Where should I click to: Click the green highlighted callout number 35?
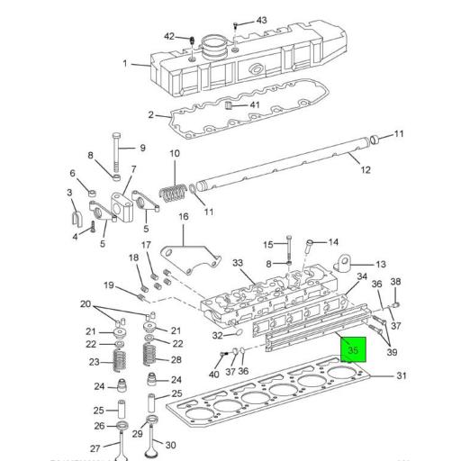tap(353, 350)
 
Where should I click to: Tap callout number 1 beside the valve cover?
tap(125, 63)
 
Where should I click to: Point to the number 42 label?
tap(169, 37)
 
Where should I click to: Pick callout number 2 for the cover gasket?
tap(152, 114)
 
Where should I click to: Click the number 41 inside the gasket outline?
tap(255, 105)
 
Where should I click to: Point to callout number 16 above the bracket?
tap(184, 216)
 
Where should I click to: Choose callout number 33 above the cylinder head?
tap(238, 263)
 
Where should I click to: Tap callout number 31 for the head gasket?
tap(402, 376)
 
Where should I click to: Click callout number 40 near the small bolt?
tap(214, 374)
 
